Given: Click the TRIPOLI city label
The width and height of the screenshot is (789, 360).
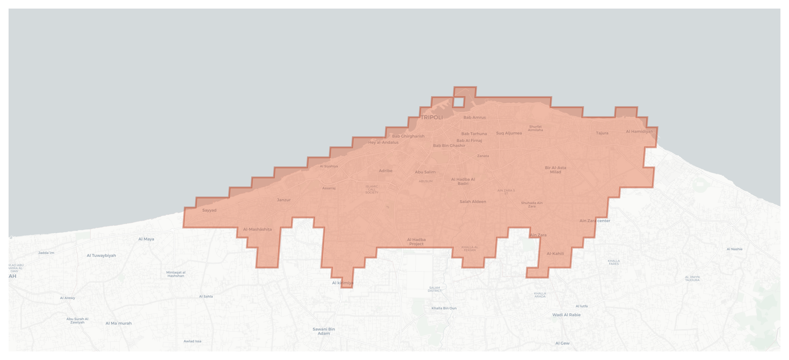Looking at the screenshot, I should tap(432, 117).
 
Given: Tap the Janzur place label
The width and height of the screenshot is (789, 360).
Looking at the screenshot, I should tap(284, 200).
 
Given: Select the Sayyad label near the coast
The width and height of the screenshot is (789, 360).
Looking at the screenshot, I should tap(209, 210).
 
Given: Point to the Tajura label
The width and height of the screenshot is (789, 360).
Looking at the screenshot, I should tap(602, 133).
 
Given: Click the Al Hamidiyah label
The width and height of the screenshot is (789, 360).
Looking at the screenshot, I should tap(639, 132).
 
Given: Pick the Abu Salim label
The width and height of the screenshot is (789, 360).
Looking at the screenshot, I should tap(425, 172).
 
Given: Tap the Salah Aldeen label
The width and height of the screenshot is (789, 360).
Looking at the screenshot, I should tap(473, 202).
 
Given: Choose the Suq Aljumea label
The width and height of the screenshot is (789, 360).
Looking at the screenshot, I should tap(509, 133).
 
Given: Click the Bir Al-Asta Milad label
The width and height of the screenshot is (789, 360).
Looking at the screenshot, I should tap(555, 170).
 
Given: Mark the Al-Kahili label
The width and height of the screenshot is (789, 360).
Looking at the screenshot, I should tap(555, 254).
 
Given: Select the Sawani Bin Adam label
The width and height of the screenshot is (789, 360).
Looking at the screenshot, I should tap(324, 331).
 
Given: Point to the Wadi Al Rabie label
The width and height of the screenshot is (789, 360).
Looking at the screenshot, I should tap(566, 315).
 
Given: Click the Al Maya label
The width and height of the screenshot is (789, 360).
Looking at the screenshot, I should tap(146, 239).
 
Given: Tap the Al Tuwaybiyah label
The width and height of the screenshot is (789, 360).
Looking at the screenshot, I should tap(101, 256).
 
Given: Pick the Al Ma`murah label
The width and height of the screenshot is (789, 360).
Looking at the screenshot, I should tap(119, 323).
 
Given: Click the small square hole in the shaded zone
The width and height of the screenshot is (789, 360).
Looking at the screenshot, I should tap(458, 102).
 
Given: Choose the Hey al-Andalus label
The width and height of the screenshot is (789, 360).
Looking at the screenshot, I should tap(383, 142).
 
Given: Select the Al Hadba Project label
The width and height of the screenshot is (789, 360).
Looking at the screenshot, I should tap(416, 242).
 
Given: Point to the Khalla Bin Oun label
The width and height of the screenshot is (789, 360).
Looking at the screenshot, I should tap(444, 308).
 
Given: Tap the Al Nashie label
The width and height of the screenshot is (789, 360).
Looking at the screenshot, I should tap(734, 249).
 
